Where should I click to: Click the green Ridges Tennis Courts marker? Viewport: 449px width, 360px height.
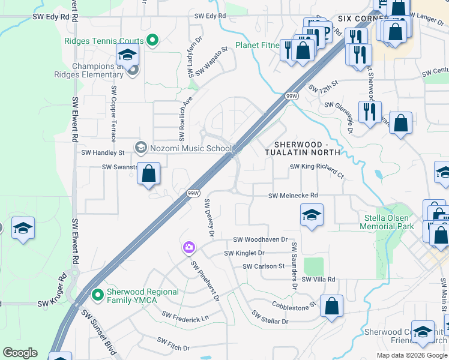coord(152,41)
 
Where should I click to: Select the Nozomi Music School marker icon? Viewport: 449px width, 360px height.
coord(141,148)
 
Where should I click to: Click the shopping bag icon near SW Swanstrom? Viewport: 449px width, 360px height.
coord(149,175)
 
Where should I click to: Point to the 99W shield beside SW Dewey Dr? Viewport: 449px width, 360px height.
coord(193,193)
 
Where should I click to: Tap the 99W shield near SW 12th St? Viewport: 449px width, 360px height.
coord(291,96)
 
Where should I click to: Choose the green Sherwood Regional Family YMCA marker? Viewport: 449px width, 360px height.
coord(97,295)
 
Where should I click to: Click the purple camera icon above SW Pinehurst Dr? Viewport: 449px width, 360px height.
coord(189,247)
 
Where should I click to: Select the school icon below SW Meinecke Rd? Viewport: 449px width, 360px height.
coord(312,215)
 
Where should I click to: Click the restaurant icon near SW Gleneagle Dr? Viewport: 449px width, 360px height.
coord(369,112)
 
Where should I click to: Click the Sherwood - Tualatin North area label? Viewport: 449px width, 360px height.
coord(307,148)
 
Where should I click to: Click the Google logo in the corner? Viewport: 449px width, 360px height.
coord(20,352)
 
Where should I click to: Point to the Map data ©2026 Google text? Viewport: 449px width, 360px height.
coord(411,355)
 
